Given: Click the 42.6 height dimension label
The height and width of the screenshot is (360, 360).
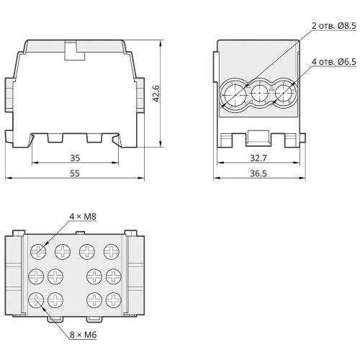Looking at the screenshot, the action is click(156, 94).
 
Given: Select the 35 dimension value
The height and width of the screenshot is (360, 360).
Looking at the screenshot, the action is click(75, 158).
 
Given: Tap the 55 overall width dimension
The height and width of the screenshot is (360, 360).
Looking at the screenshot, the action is click(75, 174).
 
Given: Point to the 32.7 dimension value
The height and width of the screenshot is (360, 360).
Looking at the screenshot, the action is click(258, 158).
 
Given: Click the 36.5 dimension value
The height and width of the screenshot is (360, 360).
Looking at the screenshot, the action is click(258, 174).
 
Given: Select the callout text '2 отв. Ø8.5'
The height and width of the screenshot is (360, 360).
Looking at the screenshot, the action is click(334, 26).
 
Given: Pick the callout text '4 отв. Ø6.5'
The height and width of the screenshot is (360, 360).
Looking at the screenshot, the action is click(334, 62).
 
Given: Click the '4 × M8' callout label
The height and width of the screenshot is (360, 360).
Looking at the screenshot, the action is click(83, 217).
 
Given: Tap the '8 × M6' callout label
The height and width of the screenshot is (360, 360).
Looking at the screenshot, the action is click(83, 335).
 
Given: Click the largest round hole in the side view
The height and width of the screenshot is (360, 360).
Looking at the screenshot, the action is click(235, 95).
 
